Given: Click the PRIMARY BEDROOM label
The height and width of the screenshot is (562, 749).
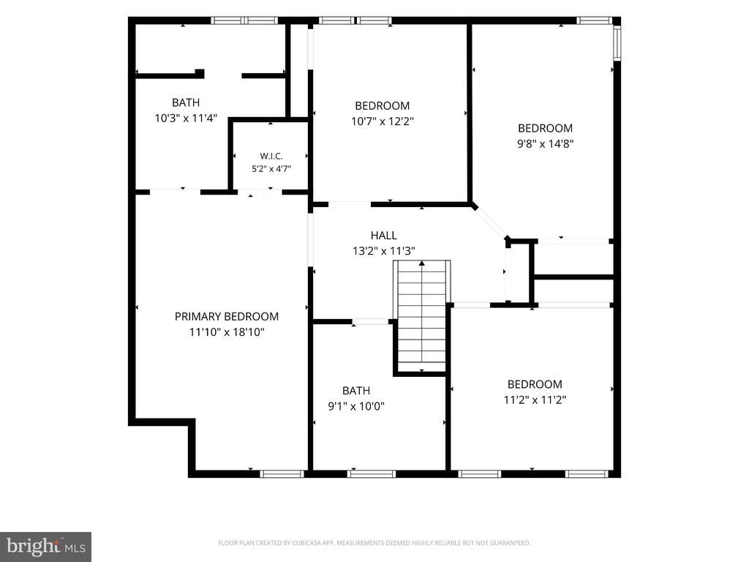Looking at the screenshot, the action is (x=227, y=316).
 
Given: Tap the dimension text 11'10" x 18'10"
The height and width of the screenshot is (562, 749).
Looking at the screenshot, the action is (x=227, y=331).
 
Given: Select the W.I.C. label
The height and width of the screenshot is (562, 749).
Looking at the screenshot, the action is (x=271, y=157).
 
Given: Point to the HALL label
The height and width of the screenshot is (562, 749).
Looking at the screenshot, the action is (x=383, y=235).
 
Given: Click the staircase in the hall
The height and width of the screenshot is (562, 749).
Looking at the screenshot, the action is (x=422, y=316).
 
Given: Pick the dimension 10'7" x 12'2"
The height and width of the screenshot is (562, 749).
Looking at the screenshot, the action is (x=382, y=121).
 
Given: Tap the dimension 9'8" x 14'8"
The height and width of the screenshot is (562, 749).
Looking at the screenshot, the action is (x=545, y=143).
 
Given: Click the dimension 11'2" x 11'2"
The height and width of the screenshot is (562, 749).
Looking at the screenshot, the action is (x=535, y=400).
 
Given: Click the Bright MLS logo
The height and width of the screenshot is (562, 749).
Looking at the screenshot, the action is (x=46, y=547).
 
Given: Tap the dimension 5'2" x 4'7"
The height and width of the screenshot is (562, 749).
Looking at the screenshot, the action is (x=271, y=169).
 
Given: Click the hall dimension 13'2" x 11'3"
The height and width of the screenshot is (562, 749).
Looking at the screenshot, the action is (x=383, y=250).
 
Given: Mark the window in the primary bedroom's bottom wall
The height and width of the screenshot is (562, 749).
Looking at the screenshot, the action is (x=282, y=473).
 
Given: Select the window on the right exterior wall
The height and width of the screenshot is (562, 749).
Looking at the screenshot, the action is (x=617, y=43).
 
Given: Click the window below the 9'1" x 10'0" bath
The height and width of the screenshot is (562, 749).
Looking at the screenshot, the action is (x=371, y=473).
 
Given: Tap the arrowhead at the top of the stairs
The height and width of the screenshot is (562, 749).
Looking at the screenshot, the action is (x=422, y=263).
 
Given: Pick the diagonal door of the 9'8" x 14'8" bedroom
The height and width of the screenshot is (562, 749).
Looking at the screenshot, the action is (x=490, y=222).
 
